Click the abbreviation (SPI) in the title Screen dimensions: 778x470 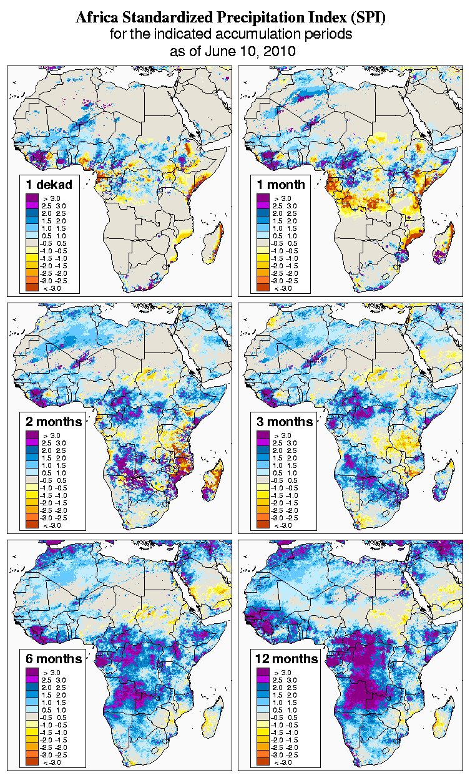coord(367,17)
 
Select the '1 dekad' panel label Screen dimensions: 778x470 coord(49,184)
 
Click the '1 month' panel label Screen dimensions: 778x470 coord(281,184)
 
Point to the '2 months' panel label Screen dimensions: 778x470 coord(54,421)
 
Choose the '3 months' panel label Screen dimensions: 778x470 coord(285,421)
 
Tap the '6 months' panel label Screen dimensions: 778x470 coord(54,659)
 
